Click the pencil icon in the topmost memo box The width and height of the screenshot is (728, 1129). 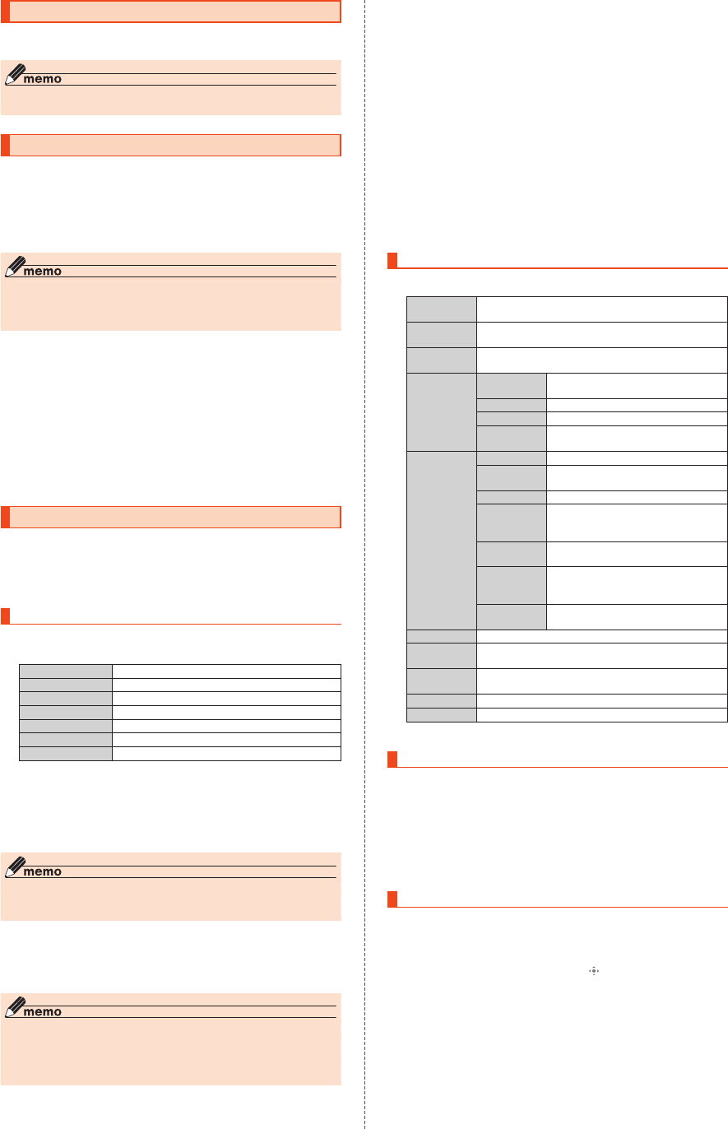click(x=16, y=73)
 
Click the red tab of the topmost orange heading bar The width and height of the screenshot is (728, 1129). click(x=5, y=12)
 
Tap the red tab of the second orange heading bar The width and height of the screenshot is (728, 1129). click(x=5, y=145)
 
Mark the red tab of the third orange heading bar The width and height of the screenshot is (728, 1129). click(x=5, y=517)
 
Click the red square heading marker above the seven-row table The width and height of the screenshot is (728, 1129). click(x=5, y=616)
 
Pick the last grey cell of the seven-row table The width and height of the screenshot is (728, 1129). click(x=65, y=754)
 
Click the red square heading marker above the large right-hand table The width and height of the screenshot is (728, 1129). click(x=392, y=262)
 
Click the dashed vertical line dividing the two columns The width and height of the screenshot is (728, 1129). click(x=364, y=564)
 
